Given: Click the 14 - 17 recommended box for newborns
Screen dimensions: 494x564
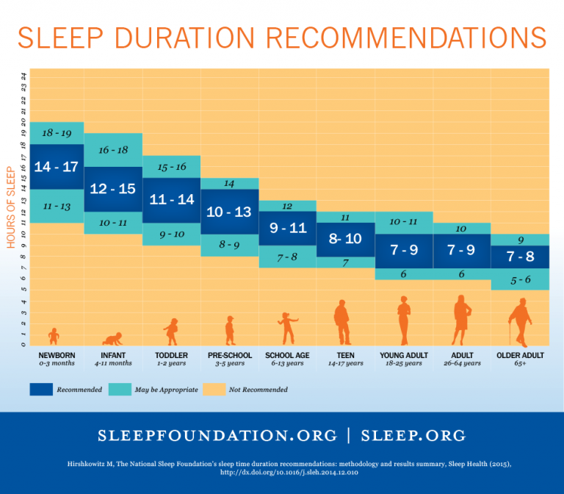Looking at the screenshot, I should tap(56, 167).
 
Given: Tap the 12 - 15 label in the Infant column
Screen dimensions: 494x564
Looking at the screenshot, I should tap(112, 189).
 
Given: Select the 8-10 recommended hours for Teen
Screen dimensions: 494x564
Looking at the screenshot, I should tap(345, 238).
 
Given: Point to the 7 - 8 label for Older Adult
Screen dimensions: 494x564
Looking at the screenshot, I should tap(520, 257).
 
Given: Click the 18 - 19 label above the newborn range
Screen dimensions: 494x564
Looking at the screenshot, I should tap(56, 133).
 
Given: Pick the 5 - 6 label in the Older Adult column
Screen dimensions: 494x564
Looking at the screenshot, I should tap(520, 279).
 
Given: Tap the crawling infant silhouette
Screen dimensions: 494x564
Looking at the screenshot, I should tap(112, 338).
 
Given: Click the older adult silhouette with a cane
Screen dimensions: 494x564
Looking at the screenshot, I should tap(519, 322).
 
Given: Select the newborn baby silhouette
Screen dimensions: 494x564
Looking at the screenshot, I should tap(54, 336).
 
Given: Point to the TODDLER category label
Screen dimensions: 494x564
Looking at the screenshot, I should tap(170, 355).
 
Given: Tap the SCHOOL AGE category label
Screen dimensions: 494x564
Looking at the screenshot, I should tap(287, 355).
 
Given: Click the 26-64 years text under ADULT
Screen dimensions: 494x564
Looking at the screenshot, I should tap(462, 363).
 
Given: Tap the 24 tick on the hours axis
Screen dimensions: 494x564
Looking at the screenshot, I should tap(23, 75).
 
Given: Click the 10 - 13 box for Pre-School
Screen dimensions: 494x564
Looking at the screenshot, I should tap(228, 212).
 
